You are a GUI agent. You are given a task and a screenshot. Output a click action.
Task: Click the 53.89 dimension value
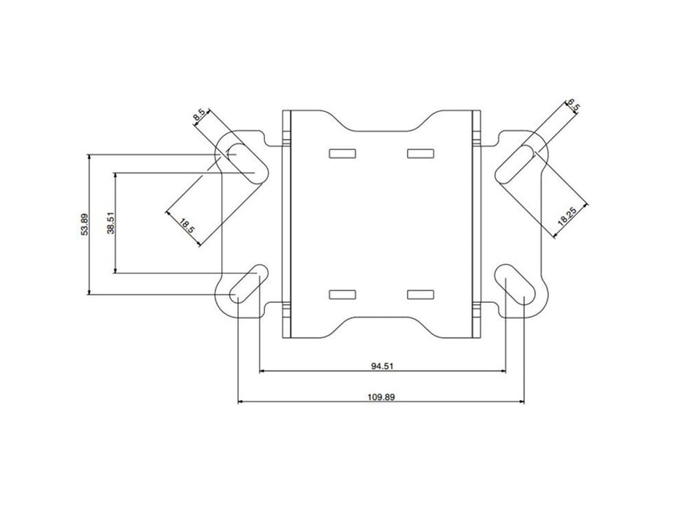(x=85, y=225)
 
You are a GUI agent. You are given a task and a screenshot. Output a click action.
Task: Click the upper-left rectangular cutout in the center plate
(x=342, y=154)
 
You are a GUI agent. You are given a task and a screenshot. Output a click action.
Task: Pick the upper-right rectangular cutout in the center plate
(x=418, y=154)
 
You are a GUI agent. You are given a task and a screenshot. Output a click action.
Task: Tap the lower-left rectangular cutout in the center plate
(x=342, y=294)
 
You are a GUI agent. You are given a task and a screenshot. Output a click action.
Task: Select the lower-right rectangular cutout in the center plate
(x=418, y=294)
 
